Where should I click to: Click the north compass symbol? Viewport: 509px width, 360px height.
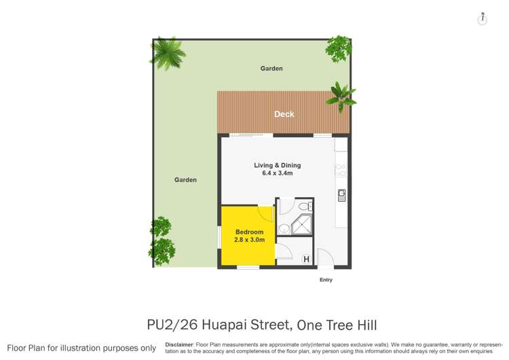[x=483, y=19]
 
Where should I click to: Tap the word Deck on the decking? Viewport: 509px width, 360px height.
[x=284, y=114]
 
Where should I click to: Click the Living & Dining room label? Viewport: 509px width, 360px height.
[x=277, y=165]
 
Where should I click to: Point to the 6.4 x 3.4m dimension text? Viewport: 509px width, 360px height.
[x=277, y=173]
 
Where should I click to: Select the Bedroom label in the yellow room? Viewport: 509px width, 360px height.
[x=249, y=232]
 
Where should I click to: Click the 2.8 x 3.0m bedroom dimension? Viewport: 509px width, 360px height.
[x=249, y=240]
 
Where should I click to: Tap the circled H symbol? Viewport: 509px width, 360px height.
[x=306, y=259]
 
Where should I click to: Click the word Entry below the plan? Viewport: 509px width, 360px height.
[x=326, y=280]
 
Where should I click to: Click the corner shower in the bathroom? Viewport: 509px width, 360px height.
[x=301, y=225]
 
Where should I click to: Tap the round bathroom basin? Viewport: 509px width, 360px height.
[x=284, y=230]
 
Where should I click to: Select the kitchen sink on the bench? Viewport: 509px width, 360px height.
[x=342, y=195]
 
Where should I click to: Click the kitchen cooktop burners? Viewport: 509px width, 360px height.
[x=341, y=170]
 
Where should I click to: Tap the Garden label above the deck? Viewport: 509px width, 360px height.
[x=271, y=69]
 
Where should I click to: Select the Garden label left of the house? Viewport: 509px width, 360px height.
[x=185, y=180]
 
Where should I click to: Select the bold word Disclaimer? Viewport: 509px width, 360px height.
[x=179, y=344]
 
